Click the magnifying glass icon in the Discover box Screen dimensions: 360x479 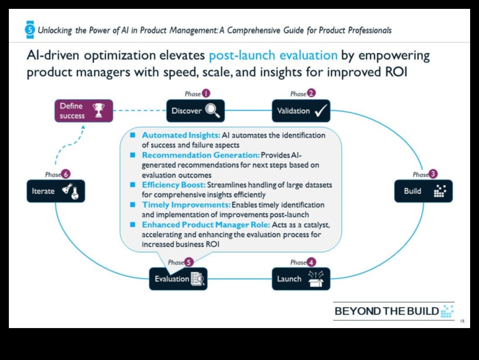click(212, 111)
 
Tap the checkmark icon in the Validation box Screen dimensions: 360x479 click(320, 111)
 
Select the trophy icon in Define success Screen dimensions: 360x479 click(98, 110)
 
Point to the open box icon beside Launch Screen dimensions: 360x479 click(315, 279)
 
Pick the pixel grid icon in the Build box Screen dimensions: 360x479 click(439, 191)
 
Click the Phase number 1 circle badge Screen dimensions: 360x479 click(206, 94)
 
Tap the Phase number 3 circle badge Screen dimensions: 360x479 click(433, 174)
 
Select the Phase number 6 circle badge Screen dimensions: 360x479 click(66, 174)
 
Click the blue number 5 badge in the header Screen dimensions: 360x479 click(30, 30)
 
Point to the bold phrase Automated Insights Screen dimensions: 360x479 click(181, 135)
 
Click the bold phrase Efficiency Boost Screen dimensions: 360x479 click(173, 185)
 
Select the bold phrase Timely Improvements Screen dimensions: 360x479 click(186, 205)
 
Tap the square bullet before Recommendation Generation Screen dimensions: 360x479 click(133, 155)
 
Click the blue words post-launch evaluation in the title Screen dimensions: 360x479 click(273, 56)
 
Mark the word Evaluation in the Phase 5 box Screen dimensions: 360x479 click(172, 279)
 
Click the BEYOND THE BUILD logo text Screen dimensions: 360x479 click(387, 311)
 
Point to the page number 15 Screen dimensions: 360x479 click(462, 321)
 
